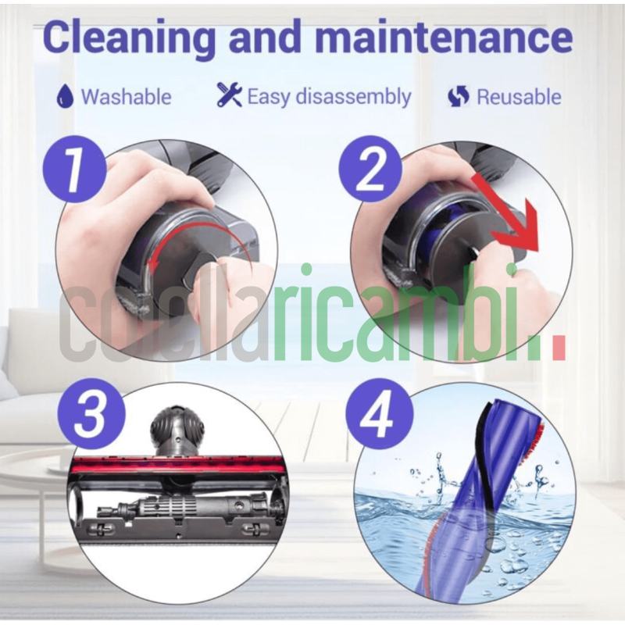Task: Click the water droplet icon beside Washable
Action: [x=64, y=97]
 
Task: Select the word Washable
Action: [x=126, y=97]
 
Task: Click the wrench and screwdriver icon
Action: [x=229, y=95]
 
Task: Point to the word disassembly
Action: [x=352, y=97]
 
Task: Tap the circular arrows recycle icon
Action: [x=459, y=97]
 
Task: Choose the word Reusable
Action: [x=519, y=97]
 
